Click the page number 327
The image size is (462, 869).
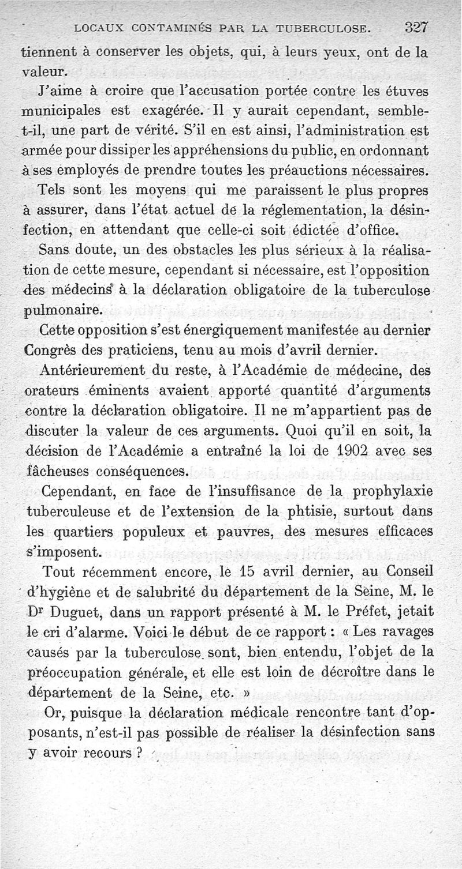(x=416, y=27)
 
